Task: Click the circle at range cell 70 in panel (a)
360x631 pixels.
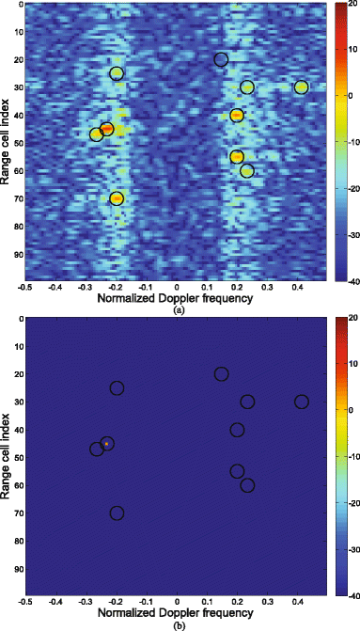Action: (117, 198)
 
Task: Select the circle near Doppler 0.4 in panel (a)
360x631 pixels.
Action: (301, 87)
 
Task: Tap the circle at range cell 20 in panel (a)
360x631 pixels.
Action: (221, 59)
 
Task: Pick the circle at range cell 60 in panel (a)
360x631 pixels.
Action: (247, 171)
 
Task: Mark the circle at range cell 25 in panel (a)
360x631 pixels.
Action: (117, 73)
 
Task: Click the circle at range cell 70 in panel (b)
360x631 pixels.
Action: (117, 513)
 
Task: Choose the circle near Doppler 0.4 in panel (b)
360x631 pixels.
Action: (301, 402)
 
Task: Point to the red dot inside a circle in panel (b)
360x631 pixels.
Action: (107, 443)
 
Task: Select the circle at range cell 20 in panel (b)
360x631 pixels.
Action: (221, 374)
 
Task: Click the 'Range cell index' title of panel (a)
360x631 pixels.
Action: (7, 141)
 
